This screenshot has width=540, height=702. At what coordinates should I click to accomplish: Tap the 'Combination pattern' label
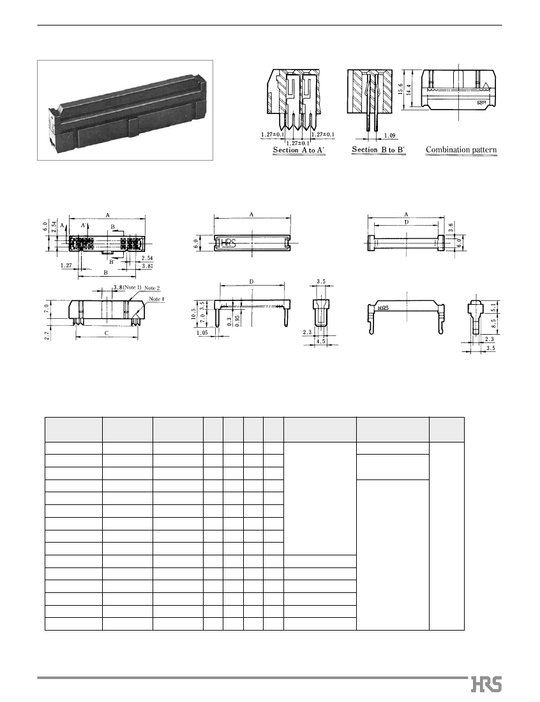pos(461,150)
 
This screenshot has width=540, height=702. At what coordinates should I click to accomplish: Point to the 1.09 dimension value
pos(390,135)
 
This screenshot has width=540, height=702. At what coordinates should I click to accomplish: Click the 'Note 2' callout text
pos(151,288)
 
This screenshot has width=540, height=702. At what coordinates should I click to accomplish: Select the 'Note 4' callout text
pos(157,299)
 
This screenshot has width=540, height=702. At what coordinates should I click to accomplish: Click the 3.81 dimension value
pos(147,266)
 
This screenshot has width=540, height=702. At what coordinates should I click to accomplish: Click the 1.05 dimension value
pos(203,333)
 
